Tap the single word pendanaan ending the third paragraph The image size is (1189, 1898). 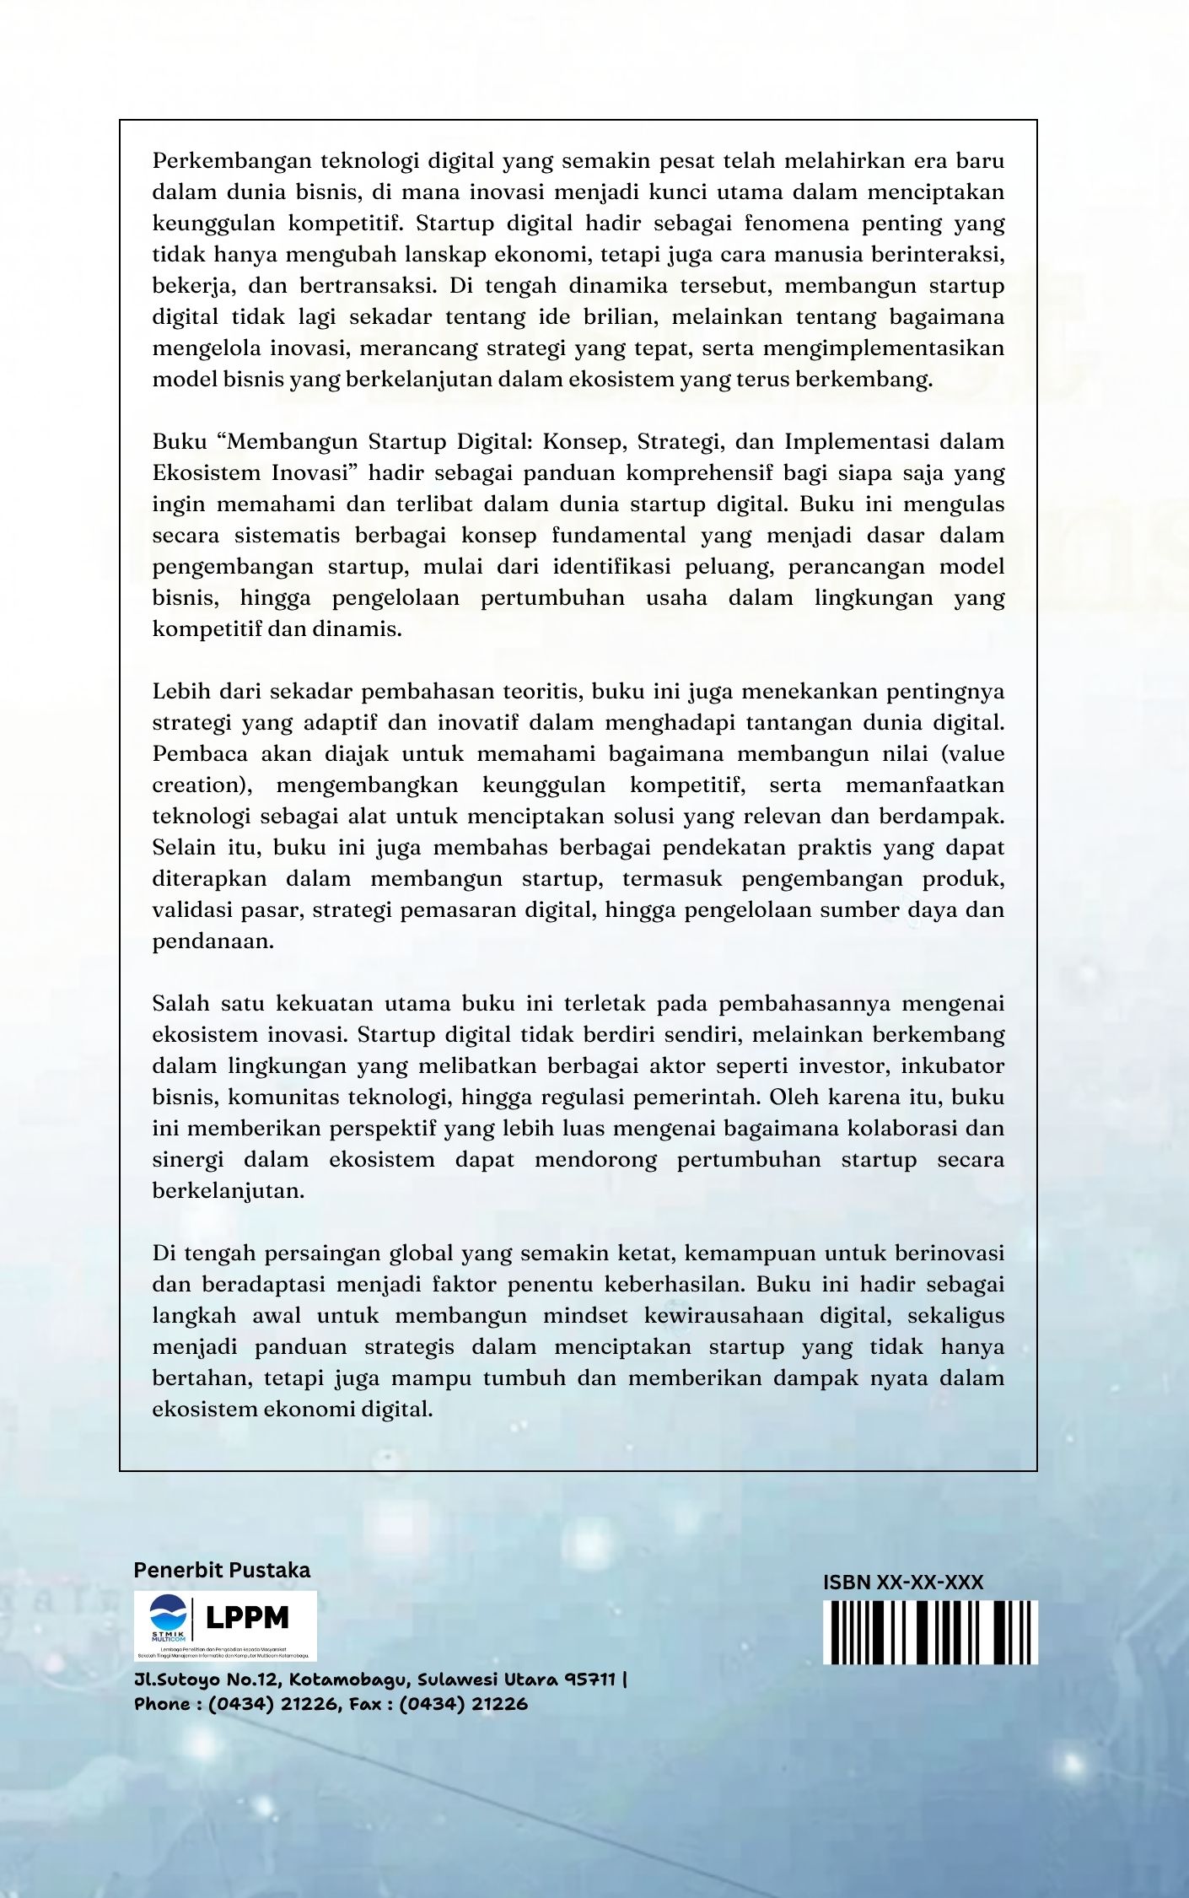pos(213,941)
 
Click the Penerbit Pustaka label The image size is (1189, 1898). pos(222,1570)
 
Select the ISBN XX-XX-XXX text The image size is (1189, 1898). pos(902,1583)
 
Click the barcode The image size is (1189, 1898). pos(930,1632)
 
